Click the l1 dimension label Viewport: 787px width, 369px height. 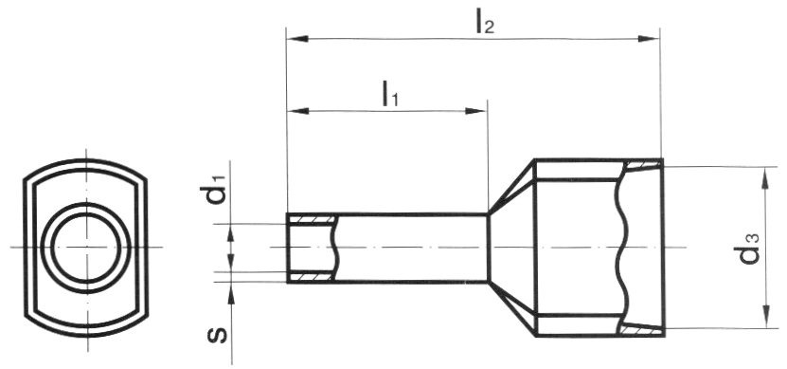(x=390, y=94)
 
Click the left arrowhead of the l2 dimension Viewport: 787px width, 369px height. (x=297, y=38)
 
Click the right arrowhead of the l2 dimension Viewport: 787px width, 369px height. (x=648, y=39)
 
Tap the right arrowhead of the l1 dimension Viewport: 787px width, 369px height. (x=475, y=111)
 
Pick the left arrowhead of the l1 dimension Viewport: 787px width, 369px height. (x=297, y=111)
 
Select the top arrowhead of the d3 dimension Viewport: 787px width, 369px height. (x=764, y=178)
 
